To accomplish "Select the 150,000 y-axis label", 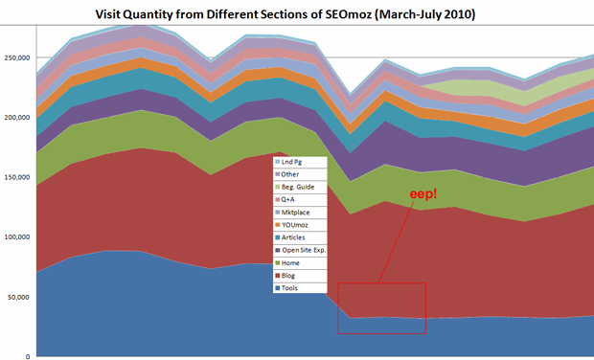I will click(18, 177).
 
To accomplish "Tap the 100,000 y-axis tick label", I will click(18, 236).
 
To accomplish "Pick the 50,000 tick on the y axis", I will click(20, 297).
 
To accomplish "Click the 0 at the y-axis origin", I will click(29, 356).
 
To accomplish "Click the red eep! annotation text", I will click(423, 195).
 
